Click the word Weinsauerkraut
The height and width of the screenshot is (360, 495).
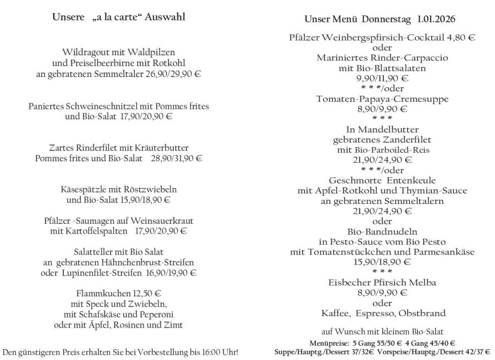click(x=164, y=221)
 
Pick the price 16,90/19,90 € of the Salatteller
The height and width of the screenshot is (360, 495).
click(x=171, y=273)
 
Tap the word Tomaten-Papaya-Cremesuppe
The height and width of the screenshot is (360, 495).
click(x=382, y=99)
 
